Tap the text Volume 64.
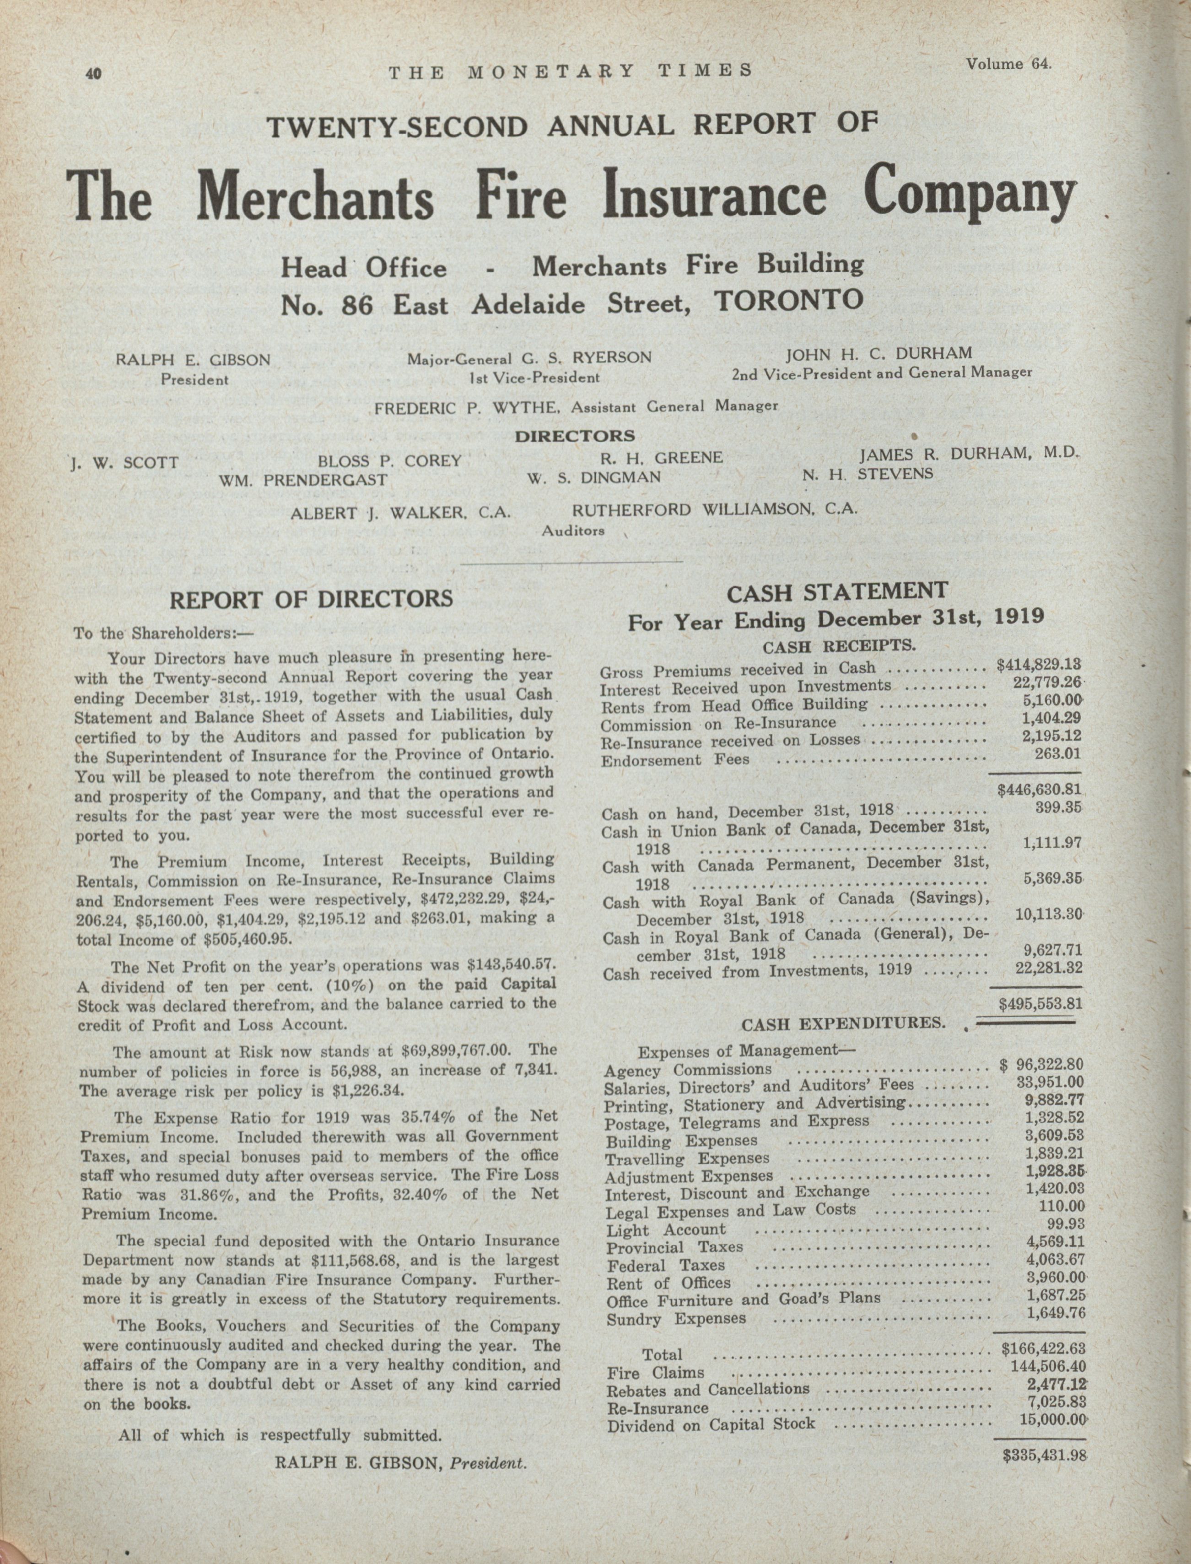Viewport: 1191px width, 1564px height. tap(1008, 64)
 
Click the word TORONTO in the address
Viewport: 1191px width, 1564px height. tap(789, 299)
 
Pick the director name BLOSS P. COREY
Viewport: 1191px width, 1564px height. tap(389, 461)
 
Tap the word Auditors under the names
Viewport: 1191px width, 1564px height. tap(573, 530)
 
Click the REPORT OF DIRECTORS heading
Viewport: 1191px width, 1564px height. tap(311, 599)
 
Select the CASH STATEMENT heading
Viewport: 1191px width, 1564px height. tap(837, 590)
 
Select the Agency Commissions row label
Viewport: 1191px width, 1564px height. tap(688, 1071)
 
